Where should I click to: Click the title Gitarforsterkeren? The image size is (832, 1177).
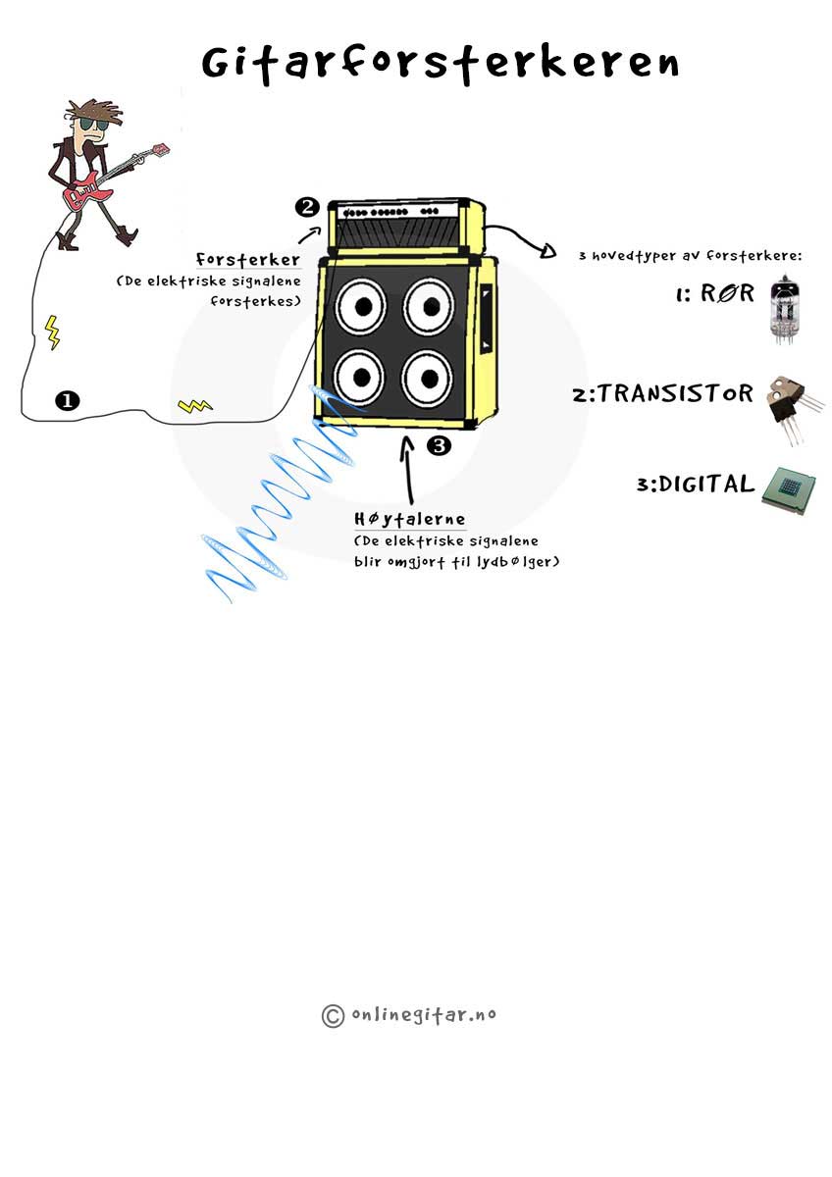point(440,63)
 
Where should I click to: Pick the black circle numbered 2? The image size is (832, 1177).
point(308,207)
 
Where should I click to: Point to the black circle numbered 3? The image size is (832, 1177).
point(439,445)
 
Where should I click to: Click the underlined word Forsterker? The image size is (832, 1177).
point(248,260)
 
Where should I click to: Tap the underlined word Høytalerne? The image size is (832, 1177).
point(410,519)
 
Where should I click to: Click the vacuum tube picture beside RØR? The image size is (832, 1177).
point(783,308)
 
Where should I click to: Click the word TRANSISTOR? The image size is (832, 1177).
point(676,394)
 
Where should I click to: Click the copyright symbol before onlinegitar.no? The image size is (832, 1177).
point(333,1015)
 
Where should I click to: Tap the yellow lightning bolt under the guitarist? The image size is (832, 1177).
point(52,332)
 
